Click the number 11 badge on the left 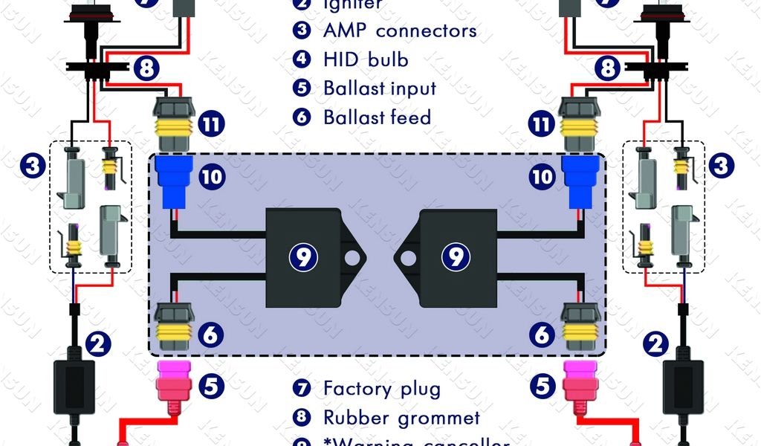212,123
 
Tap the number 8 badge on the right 608,69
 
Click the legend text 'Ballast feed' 377,117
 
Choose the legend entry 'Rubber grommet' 401,418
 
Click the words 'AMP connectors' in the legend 400,31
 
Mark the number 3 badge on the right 720,165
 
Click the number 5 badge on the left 212,386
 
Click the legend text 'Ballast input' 379,88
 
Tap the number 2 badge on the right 655,343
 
